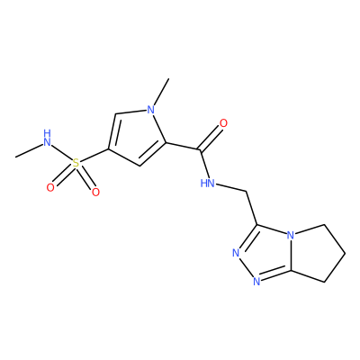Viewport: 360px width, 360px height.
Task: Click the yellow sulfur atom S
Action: coord(76,164)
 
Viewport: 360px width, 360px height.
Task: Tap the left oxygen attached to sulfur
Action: coord(50,188)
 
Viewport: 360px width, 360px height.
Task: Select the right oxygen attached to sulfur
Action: coord(95,192)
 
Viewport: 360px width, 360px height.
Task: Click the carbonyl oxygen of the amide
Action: coord(223,123)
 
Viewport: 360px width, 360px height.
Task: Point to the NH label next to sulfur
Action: coord(47,138)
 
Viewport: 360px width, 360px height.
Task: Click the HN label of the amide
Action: coord(208,183)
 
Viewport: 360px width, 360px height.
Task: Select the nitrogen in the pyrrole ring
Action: coord(151,110)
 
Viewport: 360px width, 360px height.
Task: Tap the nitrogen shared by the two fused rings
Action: coord(290,234)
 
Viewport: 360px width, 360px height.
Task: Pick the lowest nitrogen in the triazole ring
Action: coord(256,281)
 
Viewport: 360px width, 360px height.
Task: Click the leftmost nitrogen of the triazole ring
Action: coord(236,253)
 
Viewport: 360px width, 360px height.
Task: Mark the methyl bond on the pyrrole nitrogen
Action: coord(161,92)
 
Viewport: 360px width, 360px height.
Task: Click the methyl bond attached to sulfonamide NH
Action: coord(29,151)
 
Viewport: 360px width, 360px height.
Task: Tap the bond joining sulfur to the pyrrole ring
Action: coord(94,156)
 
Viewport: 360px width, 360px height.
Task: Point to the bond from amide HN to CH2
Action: coord(231,187)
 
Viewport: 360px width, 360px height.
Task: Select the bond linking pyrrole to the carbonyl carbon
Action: coord(182,146)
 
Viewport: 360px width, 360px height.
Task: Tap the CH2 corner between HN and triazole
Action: coord(247,191)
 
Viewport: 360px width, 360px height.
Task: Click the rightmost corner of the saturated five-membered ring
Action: coord(345,254)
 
